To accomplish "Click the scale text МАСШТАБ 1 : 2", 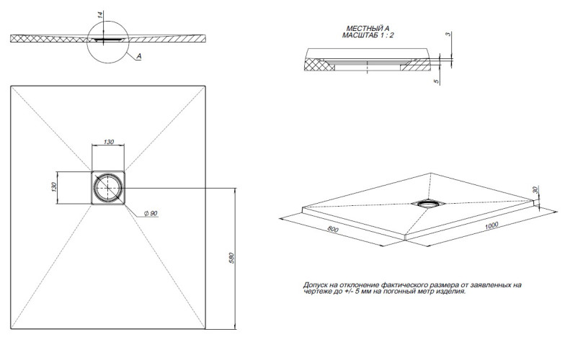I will pyautogui.click(x=368, y=35).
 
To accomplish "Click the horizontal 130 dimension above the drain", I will pyautogui.click(x=108, y=142).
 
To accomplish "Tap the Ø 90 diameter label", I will pyautogui.click(x=151, y=215).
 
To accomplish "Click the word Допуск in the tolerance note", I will pyautogui.click(x=316, y=286).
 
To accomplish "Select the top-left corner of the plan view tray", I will pyautogui.click(x=12, y=87).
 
